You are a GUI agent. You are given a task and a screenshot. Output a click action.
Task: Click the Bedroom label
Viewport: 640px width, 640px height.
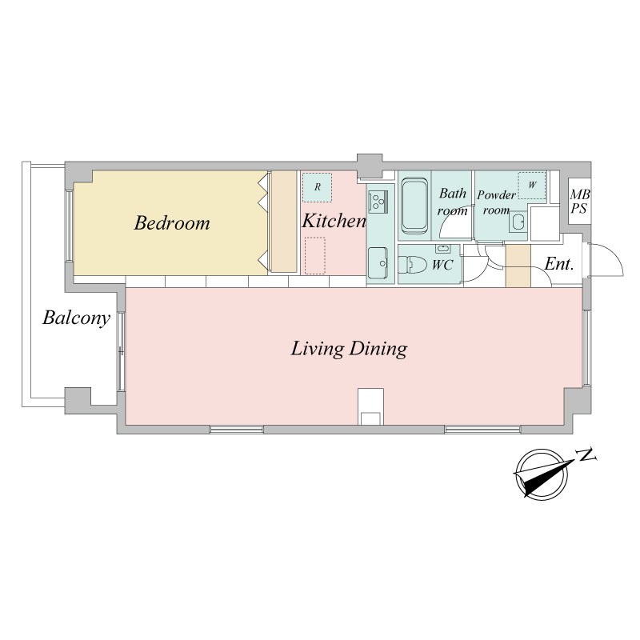172,223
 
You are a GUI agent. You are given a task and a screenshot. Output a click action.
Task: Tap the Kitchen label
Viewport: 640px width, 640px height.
334,221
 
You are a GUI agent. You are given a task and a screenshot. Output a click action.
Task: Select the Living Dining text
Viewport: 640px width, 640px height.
349,349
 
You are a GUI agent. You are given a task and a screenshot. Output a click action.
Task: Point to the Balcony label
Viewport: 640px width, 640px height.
76,318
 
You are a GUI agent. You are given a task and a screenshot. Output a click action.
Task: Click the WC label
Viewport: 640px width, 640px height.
442,265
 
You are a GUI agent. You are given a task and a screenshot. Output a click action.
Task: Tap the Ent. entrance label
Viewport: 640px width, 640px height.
559,264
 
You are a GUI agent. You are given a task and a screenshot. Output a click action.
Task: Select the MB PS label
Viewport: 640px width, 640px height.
579,202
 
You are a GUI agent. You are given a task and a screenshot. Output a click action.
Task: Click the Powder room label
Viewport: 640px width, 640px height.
496,202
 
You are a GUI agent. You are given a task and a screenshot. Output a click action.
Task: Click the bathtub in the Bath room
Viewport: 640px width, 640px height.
414,206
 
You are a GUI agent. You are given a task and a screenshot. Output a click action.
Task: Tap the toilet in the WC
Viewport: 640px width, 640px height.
412,264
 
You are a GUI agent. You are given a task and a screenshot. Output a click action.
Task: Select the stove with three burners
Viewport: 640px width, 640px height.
378,202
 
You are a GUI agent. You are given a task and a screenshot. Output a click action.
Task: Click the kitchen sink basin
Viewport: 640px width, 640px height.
378,264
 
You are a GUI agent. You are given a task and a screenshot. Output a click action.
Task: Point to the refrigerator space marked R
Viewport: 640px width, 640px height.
317,187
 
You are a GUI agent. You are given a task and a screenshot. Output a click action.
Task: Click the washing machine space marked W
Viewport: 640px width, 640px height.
532,185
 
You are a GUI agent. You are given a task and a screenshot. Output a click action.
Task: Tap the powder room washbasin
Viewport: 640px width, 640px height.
518,222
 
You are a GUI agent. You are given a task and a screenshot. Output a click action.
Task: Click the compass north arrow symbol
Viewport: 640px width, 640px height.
543,474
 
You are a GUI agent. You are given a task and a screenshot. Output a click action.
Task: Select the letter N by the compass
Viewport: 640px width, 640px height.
586,454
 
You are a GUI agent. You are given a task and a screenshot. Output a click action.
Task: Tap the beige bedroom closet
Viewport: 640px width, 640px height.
284,222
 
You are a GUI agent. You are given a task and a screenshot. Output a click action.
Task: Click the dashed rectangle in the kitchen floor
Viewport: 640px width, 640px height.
315,256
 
